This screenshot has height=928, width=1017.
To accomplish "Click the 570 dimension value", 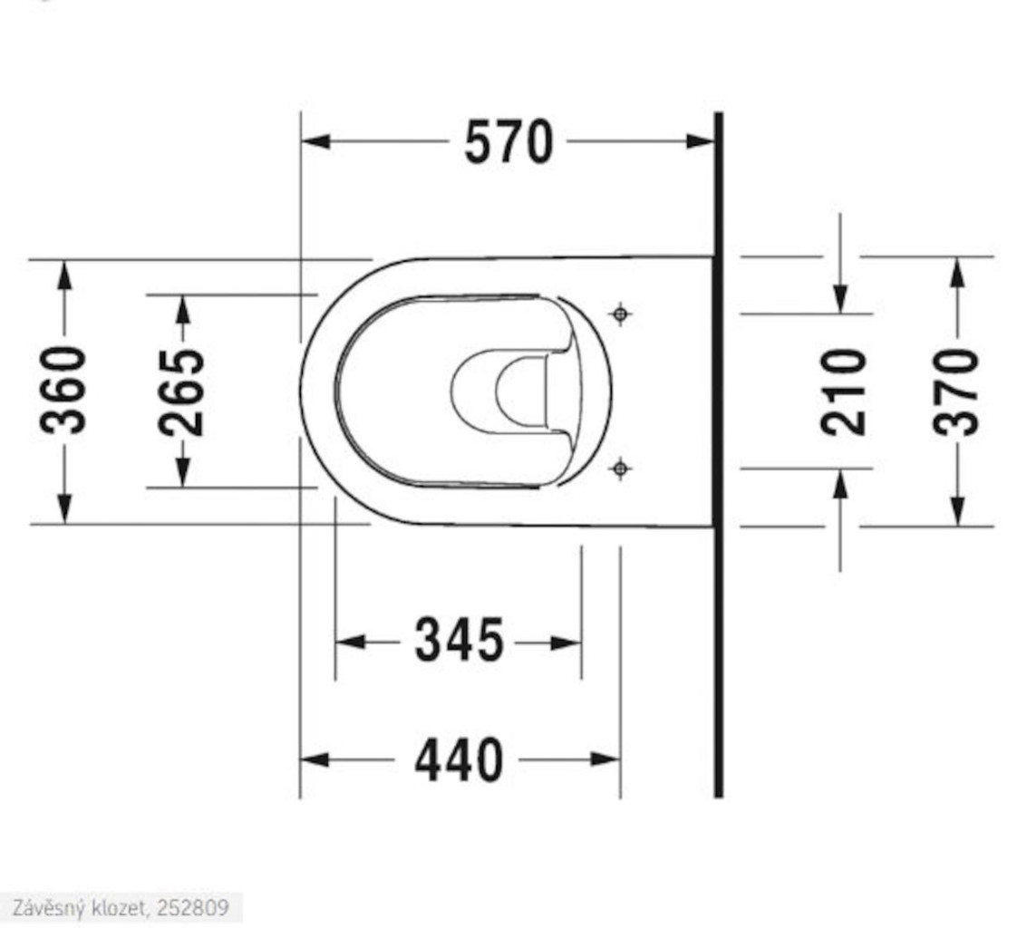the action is point(509,142).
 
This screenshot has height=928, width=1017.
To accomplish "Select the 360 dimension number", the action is point(63,391).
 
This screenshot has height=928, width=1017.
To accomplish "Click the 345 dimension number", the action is point(460,640).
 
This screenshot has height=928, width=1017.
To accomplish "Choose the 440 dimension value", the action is point(459,759).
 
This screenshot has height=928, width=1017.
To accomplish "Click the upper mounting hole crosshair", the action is point(621,314).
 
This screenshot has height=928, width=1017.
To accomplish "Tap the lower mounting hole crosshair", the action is point(621,468).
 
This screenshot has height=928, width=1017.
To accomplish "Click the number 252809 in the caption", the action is point(193,907).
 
